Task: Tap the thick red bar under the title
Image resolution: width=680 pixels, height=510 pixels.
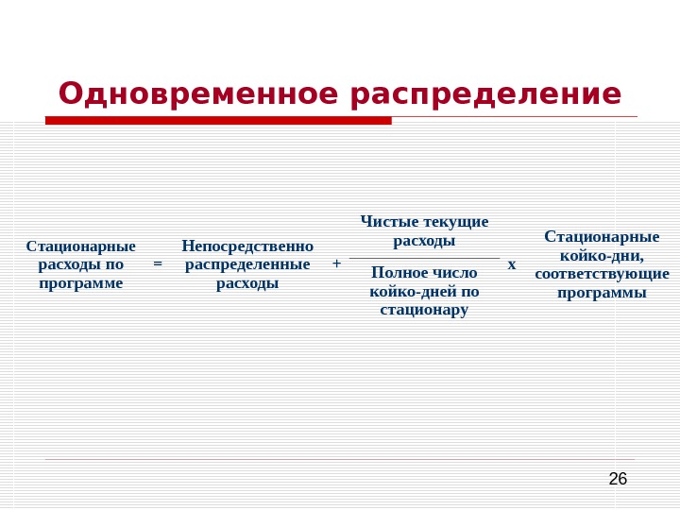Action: coord(218,120)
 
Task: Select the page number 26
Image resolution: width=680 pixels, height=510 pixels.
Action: coord(618,479)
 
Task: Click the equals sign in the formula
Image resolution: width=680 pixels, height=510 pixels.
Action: coord(158,264)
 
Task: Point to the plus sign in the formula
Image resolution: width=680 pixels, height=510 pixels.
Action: coord(336,264)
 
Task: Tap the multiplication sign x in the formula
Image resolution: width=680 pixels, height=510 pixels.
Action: coord(512,264)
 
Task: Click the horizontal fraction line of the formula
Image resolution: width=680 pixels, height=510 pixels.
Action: coord(424,258)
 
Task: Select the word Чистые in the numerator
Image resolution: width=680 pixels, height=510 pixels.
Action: coord(390,222)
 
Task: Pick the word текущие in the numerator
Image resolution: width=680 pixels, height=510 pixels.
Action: coord(456,222)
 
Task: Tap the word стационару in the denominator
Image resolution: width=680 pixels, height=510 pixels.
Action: coord(424,310)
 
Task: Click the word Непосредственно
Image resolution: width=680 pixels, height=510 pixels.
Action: coord(247,246)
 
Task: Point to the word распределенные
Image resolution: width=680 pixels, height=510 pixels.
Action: coord(247,264)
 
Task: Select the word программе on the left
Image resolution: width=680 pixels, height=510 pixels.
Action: coord(81,282)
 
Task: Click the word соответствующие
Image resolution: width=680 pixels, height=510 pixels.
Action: coord(602,274)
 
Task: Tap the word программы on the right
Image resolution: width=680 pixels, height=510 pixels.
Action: coord(602,293)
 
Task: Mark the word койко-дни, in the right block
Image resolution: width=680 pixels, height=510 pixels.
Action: coord(602,255)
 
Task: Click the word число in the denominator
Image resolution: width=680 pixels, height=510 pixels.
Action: coord(456,273)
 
